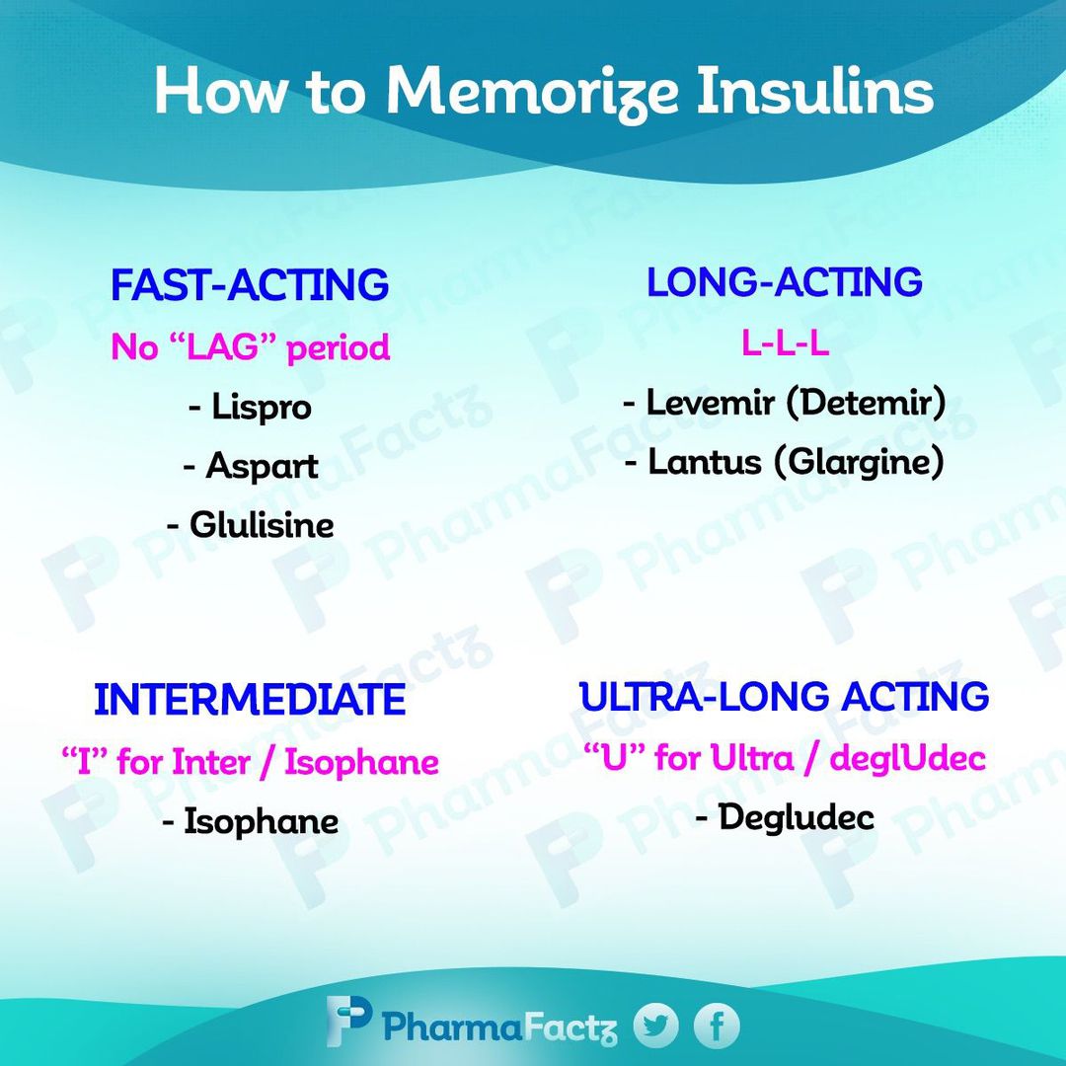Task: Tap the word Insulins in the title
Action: [815, 91]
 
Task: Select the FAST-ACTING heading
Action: [250, 285]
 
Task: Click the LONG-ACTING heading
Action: [784, 282]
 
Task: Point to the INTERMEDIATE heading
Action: [250, 700]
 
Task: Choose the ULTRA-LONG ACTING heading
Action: [784, 696]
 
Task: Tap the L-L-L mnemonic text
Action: [785, 343]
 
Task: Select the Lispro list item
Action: [250, 408]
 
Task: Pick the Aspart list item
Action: [250, 466]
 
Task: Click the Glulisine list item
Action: [250, 525]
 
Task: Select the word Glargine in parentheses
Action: [860, 462]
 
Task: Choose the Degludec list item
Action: [785, 817]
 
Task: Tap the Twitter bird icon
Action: [656, 1026]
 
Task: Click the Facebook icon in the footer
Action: [717, 1026]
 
